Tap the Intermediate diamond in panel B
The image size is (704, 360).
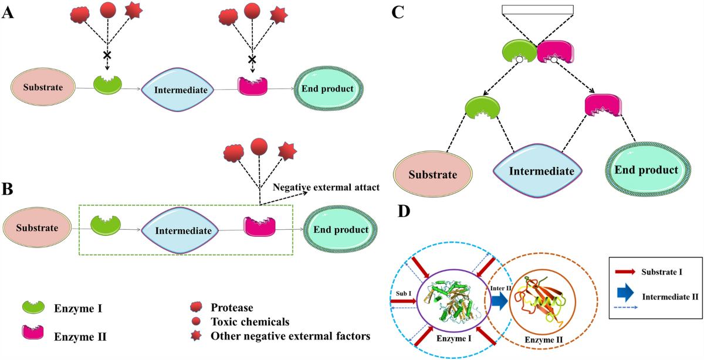pos(183,230)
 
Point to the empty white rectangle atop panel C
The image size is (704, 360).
pos(538,10)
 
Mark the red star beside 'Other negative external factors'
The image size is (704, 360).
pos(194,336)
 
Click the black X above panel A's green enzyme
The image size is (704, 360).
pos(107,55)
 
